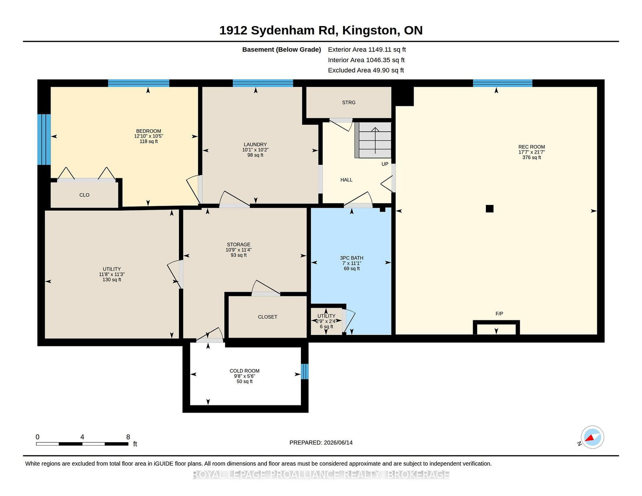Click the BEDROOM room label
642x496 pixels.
pyautogui.click(x=148, y=131)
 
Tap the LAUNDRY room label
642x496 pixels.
pyautogui.click(x=255, y=144)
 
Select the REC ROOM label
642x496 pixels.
pyautogui.click(x=531, y=147)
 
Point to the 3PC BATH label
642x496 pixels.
pyautogui.click(x=351, y=258)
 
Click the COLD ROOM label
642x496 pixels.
pyautogui.click(x=244, y=371)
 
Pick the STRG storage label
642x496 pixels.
pyautogui.click(x=349, y=102)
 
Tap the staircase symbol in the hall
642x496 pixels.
pyautogui.click(x=373, y=140)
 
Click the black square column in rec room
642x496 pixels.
pyautogui.click(x=489, y=209)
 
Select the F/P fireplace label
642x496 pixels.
pyautogui.click(x=499, y=314)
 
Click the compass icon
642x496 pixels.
pyautogui.click(x=592, y=437)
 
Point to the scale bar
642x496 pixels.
pyautogui.click(x=82, y=444)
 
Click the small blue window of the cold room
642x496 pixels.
pyautogui.click(x=305, y=371)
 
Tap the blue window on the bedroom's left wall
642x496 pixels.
pyautogui.click(x=44, y=140)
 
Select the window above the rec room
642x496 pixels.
pyautogui.click(x=502, y=83)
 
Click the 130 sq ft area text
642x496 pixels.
pyautogui.click(x=112, y=279)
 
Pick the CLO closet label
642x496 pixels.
pyautogui.click(x=84, y=195)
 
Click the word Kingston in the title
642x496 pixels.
pyautogui.click(x=369, y=30)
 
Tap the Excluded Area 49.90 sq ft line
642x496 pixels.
pyautogui.click(x=366, y=70)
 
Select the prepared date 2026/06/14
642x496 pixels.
pyautogui.click(x=338, y=443)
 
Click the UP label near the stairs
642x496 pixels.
pyautogui.click(x=385, y=164)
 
